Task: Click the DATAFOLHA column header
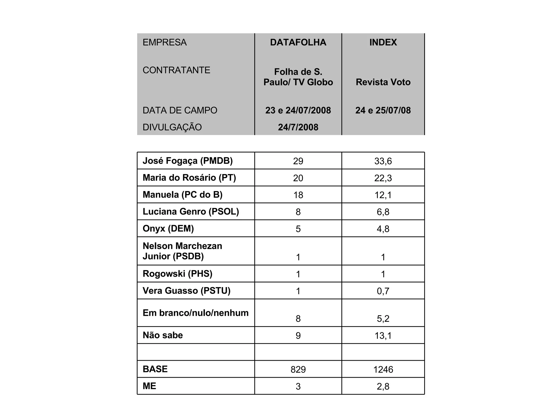click(x=298, y=42)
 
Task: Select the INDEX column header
click(x=383, y=42)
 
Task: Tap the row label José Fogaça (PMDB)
click(x=188, y=161)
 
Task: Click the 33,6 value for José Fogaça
click(x=383, y=161)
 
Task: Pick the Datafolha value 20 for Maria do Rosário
click(x=298, y=178)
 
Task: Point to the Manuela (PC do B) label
click(x=183, y=195)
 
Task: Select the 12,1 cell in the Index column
click(x=383, y=195)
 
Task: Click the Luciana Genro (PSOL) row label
click(x=191, y=212)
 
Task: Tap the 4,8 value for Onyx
click(x=383, y=229)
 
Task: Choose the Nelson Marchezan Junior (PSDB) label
click(x=183, y=251)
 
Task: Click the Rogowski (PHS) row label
click(x=177, y=274)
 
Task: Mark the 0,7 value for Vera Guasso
click(x=383, y=291)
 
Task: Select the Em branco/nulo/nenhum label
click(x=195, y=313)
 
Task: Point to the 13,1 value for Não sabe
click(x=383, y=336)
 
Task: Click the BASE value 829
click(x=298, y=370)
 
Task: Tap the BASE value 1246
click(x=383, y=370)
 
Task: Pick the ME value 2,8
click(x=383, y=387)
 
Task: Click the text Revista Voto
click(x=383, y=82)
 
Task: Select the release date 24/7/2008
click(x=298, y=127)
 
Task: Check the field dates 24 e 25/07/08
click(x=383, y=111)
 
